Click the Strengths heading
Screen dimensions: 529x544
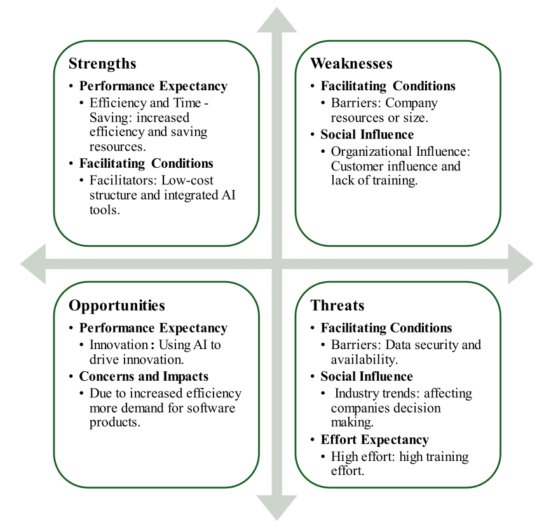[102, 64]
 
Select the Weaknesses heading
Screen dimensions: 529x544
[351, 64]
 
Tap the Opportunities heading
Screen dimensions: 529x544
[117, 306]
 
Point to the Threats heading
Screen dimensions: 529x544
[337, 306]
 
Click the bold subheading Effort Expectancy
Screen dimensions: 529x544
[374, 440]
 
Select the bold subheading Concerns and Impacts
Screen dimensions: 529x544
[144, 376]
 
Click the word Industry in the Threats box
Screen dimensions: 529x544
[357, 393]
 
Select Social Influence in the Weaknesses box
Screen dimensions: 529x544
[367, 135]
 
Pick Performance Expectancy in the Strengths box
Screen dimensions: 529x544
[153, 86]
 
